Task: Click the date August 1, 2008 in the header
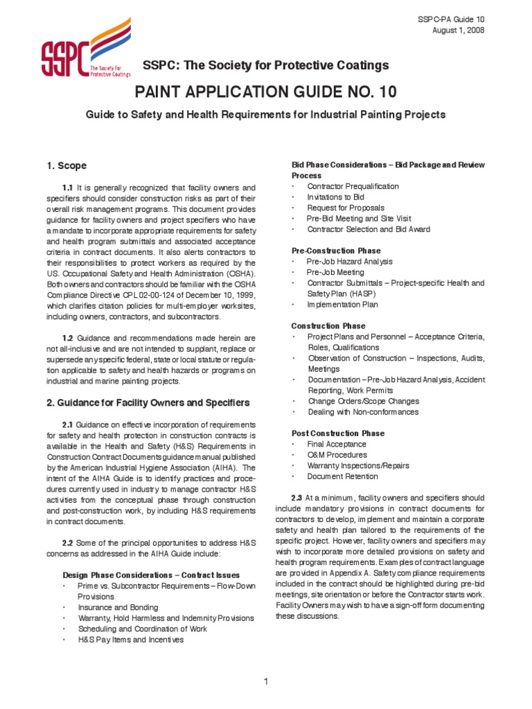[x=459, y=30]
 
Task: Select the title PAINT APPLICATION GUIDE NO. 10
[x=265, y=93]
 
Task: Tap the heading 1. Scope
[x=66, y=166]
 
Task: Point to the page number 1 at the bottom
[x=266, y=682]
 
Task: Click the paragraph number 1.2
[x=69, y=338]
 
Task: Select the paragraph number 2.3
[x=299, y=498]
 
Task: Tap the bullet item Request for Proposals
[x=346, y=208]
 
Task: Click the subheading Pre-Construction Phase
[x=336, y=251]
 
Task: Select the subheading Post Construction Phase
[x=338, y=433]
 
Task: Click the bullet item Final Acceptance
[x=337, y=444]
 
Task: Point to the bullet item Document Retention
[x=343, y=476]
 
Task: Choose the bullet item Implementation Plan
[x=343, y=304]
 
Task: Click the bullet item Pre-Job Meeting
[x=335, y=272]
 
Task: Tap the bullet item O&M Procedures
[x=337, y=455]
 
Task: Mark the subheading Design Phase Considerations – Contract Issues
[x=151, y=575]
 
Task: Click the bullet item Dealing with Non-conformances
[x=363, y=412]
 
